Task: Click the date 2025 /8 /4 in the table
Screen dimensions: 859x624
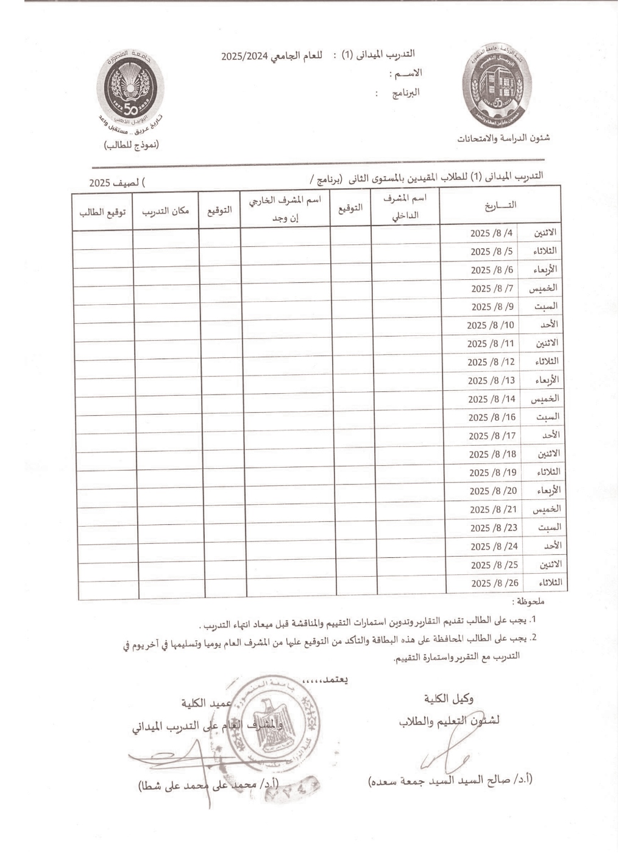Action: [x=492, y=232]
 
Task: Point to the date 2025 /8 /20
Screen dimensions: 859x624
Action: [x=493, y=491]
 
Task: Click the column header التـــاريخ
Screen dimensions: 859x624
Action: [x=500, y=205]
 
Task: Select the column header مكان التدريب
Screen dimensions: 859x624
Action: [x=165, y=212]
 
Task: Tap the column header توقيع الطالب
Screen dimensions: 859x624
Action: [x=102, y=212]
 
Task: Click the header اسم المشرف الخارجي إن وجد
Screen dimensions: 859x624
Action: [x=285, y=209]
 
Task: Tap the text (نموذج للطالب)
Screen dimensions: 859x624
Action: [x=131, y=144]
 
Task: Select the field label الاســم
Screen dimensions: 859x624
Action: [x=405, y=73]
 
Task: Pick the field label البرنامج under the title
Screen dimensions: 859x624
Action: [x=405, y=93]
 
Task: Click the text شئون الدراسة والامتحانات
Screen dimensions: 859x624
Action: [x=503, y=138]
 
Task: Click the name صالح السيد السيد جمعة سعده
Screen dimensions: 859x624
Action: [x=450, y=779]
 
